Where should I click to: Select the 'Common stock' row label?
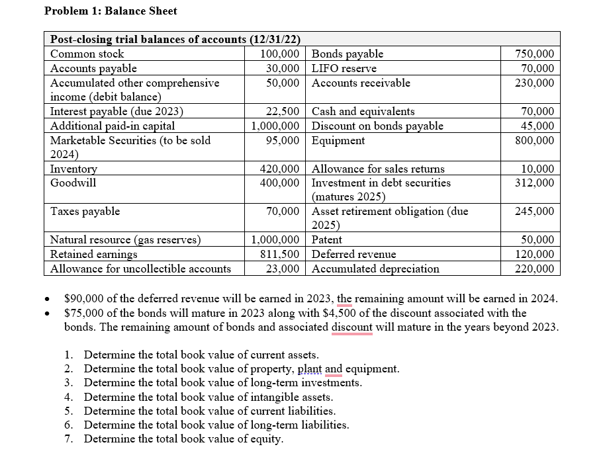87,54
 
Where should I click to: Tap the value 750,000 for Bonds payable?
535,54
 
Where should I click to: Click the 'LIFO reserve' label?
344,69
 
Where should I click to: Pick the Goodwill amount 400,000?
281,183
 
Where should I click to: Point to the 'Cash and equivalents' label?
363,112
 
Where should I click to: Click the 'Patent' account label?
327,240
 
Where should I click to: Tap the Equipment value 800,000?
535,141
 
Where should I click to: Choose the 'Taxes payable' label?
85,212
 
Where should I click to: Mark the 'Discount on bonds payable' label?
377,126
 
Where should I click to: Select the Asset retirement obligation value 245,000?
535,212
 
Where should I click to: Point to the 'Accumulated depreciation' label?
375,269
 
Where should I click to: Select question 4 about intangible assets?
208,398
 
